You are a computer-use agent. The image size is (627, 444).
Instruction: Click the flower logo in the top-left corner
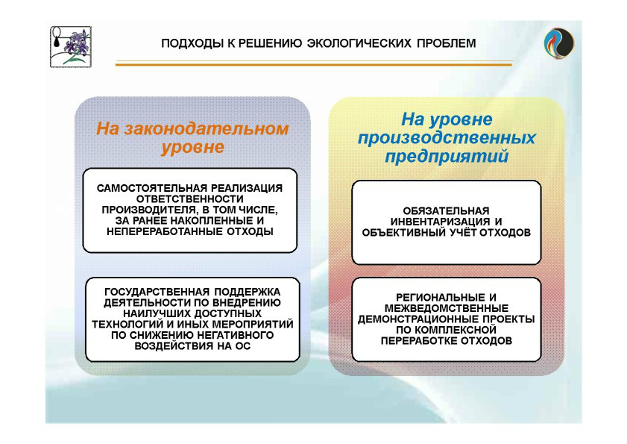tap(71, 47)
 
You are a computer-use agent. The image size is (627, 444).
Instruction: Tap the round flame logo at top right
tap(559, 43)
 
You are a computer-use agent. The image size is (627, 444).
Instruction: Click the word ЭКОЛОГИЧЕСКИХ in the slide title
tap(359, 43)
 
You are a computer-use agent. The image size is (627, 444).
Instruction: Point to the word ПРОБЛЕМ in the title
tap(447, 43)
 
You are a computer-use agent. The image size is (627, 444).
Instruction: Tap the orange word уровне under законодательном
tap(192, 147)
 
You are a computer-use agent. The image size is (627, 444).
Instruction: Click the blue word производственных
tap(447, 138)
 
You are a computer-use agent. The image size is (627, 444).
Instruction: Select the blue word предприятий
tap(447, 156)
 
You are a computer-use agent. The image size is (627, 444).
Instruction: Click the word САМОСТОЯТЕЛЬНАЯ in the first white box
tap(152, 188)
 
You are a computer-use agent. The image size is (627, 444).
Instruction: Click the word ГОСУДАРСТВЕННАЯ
tap(157, 292)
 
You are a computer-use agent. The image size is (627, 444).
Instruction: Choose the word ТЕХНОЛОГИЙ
tap(128, 325)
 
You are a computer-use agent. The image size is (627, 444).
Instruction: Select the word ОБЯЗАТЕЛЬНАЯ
tap(446, 211)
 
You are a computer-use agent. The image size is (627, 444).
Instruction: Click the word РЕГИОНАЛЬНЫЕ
tap(441, 298)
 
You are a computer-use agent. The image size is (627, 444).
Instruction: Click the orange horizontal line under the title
tap(314, 63)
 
